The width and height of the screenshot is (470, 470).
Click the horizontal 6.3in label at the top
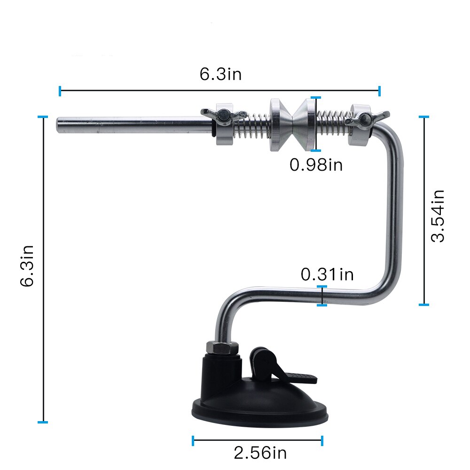(x=220, y=74)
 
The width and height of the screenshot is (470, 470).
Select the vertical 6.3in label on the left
(x=27, y=266)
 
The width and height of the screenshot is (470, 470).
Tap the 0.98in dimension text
(x=316, y=165)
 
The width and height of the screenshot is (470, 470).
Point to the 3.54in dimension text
(x=438, y=216)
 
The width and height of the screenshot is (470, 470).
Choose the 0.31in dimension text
(x=327, y=274)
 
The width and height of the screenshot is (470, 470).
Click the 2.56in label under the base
(x=260, y=453)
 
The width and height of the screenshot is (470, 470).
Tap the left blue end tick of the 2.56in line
(x=193, y=440)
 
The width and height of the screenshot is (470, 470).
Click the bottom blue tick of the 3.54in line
(x=424, y=305)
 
